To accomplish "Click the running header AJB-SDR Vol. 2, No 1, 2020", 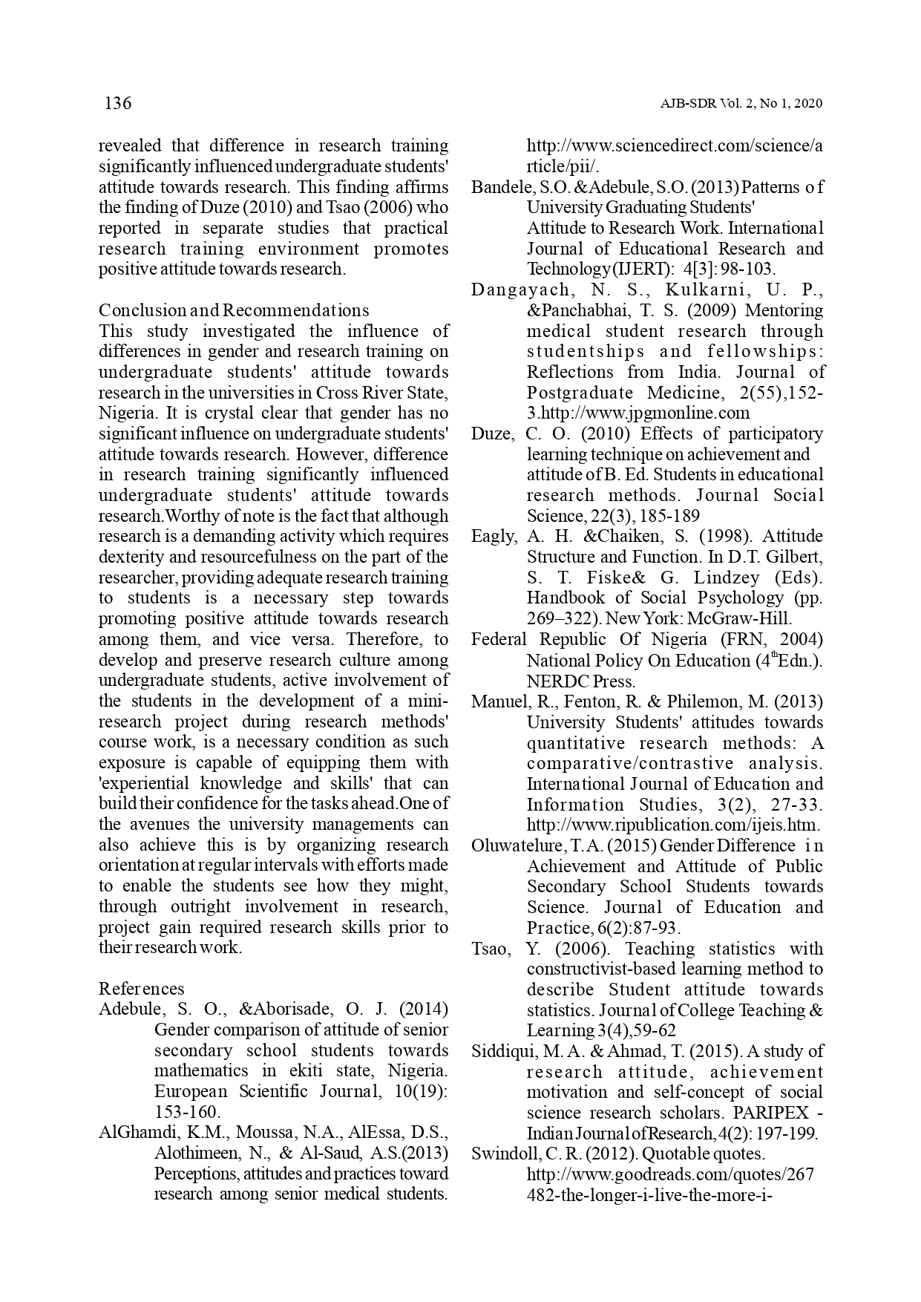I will (x=741, y=104).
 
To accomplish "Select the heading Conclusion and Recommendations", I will (x=233, y=310).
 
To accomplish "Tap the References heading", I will (x=141, y=989).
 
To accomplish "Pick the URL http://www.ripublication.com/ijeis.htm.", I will (x=673, y=825).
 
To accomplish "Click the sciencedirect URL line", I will (x=674, y=146).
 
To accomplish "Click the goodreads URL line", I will (x=669, y=1174).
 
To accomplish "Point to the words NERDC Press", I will (x=580, y=681).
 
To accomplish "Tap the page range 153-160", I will (x=187, y=1112).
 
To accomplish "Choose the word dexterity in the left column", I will (x=132, y=557).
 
